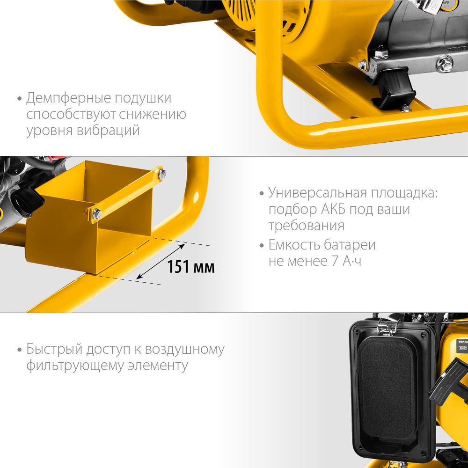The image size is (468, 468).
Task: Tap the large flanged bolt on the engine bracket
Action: (444, 64)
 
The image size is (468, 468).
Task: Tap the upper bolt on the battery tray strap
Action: (161, 175)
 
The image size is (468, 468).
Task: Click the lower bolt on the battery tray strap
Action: (97, 214)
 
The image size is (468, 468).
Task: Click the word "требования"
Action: (307, 226)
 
